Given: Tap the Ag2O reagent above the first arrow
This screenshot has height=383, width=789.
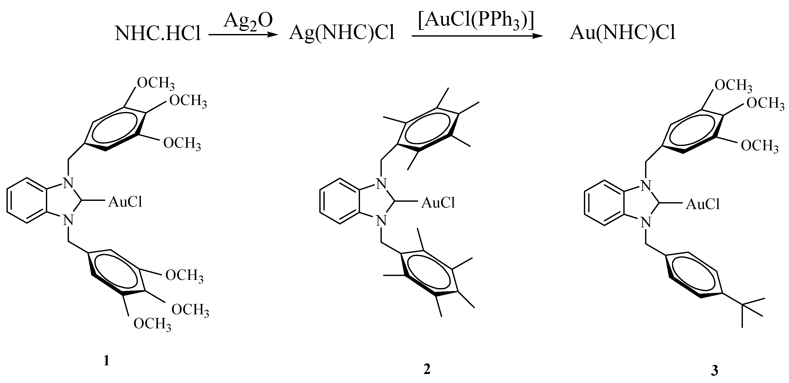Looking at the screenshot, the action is click(248, 21).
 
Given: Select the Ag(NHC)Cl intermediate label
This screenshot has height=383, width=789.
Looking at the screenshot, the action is click(342, 33).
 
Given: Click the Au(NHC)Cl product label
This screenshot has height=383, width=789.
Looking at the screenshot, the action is click(622, 33).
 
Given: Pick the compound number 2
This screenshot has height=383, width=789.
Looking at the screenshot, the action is click(427, 369).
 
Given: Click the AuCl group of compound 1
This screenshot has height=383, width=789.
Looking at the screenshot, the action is click(125, 202).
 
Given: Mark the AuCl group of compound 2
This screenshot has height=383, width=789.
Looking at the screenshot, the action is click(438, 203).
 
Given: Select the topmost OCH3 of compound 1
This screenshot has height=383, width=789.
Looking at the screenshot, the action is click(156, 83).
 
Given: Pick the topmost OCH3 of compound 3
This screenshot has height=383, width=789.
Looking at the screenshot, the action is click(733, 85).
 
